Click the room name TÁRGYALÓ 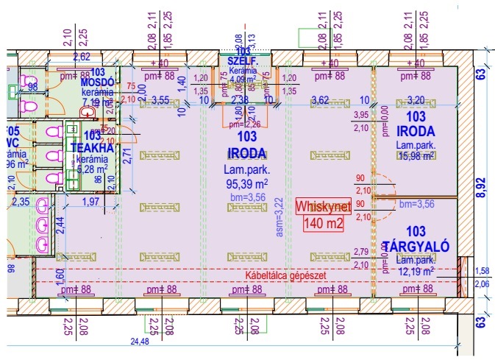point(416,244)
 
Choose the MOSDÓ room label point(96,82)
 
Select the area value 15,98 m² point(416,155)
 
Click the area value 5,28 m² point(93,169)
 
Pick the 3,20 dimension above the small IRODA point(416,100)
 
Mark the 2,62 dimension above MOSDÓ point(82,56)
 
